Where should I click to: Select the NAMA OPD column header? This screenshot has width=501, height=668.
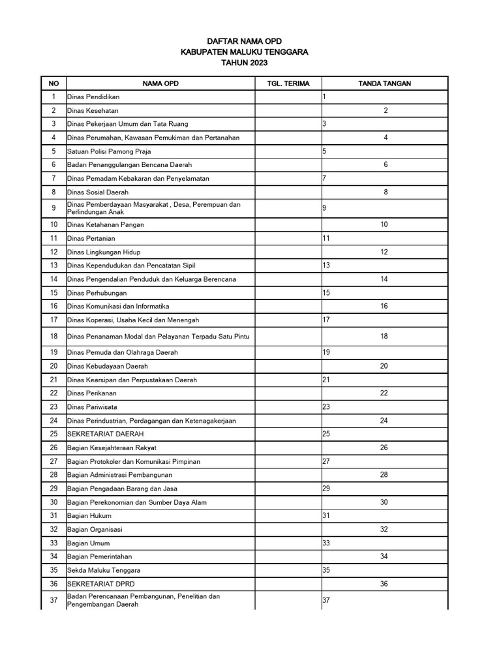[x=160, y=83]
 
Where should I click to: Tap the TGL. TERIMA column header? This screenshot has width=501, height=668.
[x=288, y=83]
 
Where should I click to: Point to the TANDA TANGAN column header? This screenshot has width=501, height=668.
[x=384, y=83]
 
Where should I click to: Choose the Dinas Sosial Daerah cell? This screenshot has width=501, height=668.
[x=98, y=192]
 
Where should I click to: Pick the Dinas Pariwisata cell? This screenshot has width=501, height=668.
[x=92, y=407]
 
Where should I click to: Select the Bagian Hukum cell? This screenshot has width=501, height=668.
[x=89, y=516]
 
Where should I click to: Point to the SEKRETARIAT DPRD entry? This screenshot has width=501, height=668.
[x=100, y=584]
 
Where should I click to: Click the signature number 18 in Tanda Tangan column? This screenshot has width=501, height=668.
[x=384, y=337]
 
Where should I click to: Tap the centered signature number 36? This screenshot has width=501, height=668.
[x=384, y=584]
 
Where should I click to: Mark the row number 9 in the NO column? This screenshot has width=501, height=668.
[x=53, y=208]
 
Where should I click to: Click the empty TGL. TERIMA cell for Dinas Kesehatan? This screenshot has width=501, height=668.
[x=288, y=111]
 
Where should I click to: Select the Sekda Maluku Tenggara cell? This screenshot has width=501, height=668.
[x=104, y=570]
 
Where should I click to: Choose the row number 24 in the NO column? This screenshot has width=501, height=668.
[x=53, y=421]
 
